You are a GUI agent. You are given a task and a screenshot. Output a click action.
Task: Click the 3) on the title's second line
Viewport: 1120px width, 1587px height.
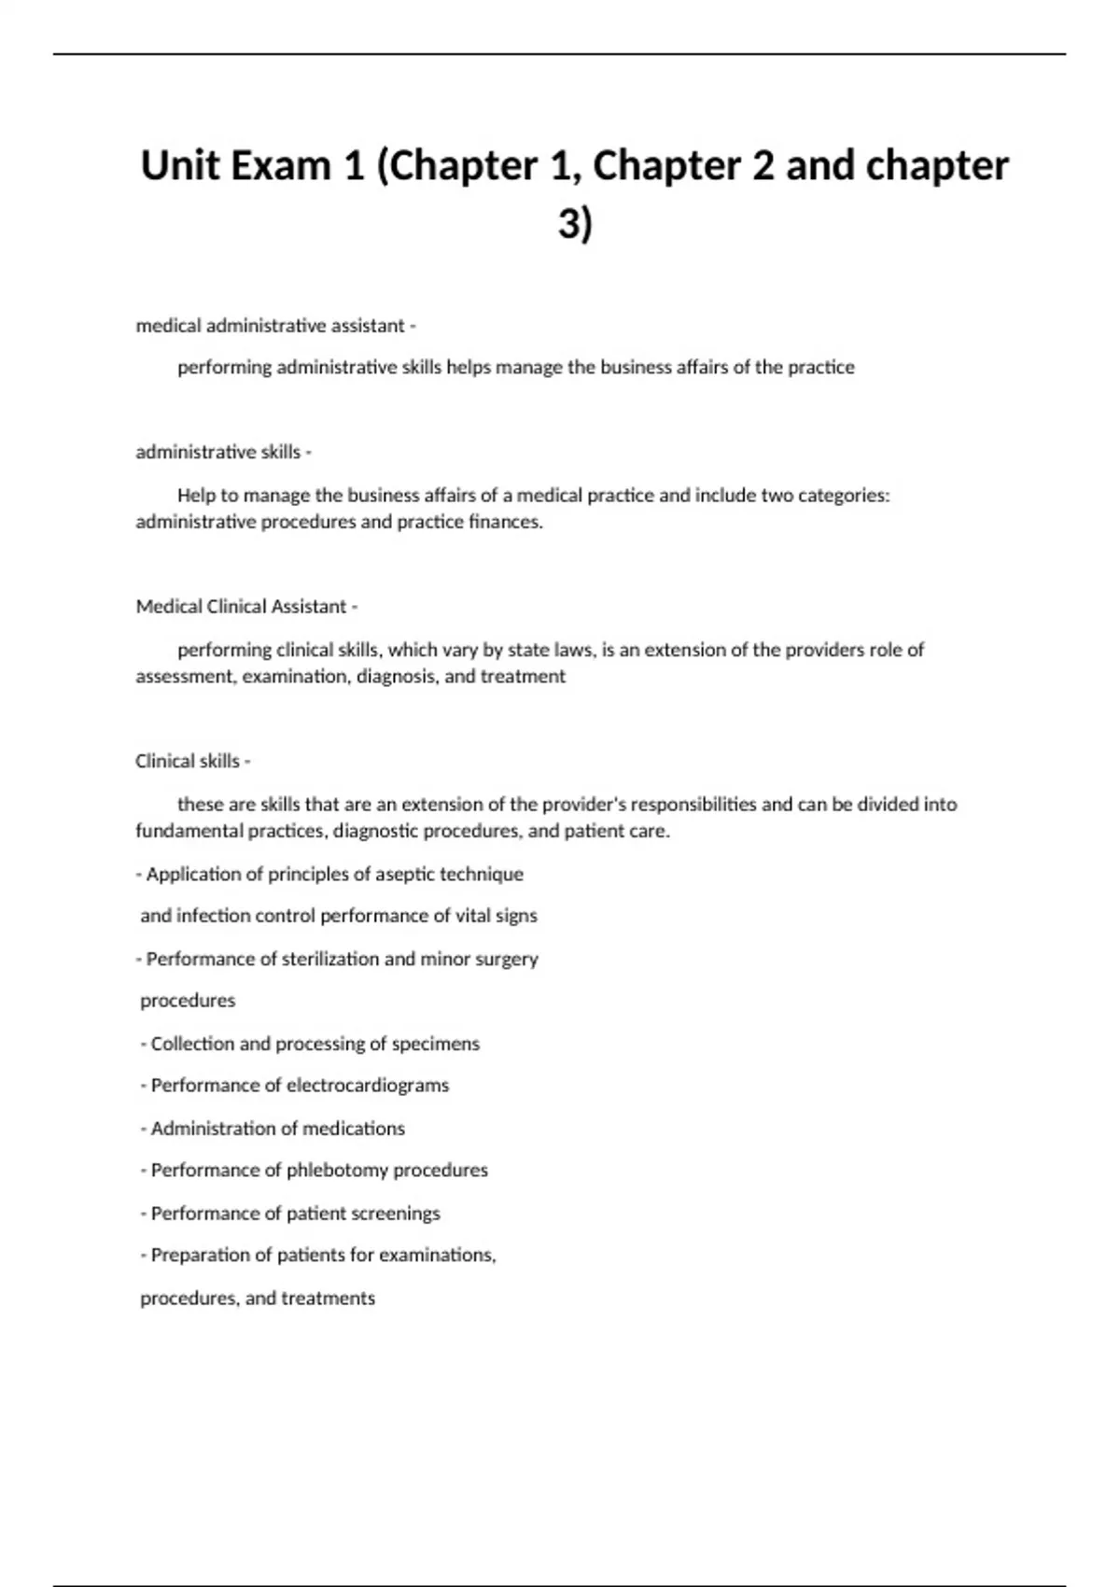tap(575, 224)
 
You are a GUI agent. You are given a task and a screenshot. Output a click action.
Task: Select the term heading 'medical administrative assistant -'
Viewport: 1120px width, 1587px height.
tap(275, 326)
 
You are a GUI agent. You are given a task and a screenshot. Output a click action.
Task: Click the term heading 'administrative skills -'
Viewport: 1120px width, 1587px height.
tap(223, 452)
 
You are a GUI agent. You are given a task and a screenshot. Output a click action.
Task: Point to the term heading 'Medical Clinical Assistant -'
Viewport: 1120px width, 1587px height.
tap(246, 607)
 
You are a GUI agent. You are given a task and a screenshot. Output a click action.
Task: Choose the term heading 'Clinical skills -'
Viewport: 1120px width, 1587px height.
tap(192, 761)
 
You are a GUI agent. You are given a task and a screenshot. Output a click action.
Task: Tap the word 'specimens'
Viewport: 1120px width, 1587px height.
tap(435, 1044)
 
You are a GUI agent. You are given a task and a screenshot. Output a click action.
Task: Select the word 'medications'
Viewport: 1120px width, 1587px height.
tap(358, 1129)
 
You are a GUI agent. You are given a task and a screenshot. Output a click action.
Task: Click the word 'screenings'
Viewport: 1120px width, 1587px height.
tap(395, 1214)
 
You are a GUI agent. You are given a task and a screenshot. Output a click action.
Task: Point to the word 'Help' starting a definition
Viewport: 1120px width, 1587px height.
tap(196, 496)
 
